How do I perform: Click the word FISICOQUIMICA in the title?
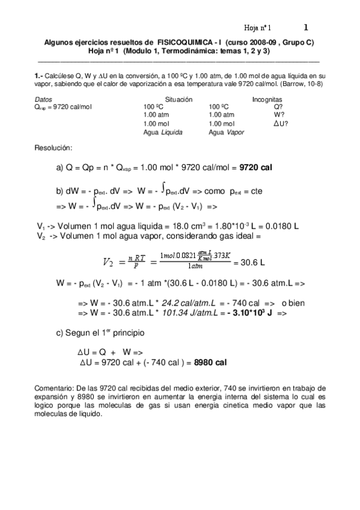[x=183, y=43]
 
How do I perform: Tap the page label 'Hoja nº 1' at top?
[x=257, y=28]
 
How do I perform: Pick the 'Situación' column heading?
[x=178, y=99]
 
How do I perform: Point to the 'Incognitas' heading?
[x=267, y=99]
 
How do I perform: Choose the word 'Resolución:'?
[x=54, y=147]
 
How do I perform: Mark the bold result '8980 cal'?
[x=210, y=363]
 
